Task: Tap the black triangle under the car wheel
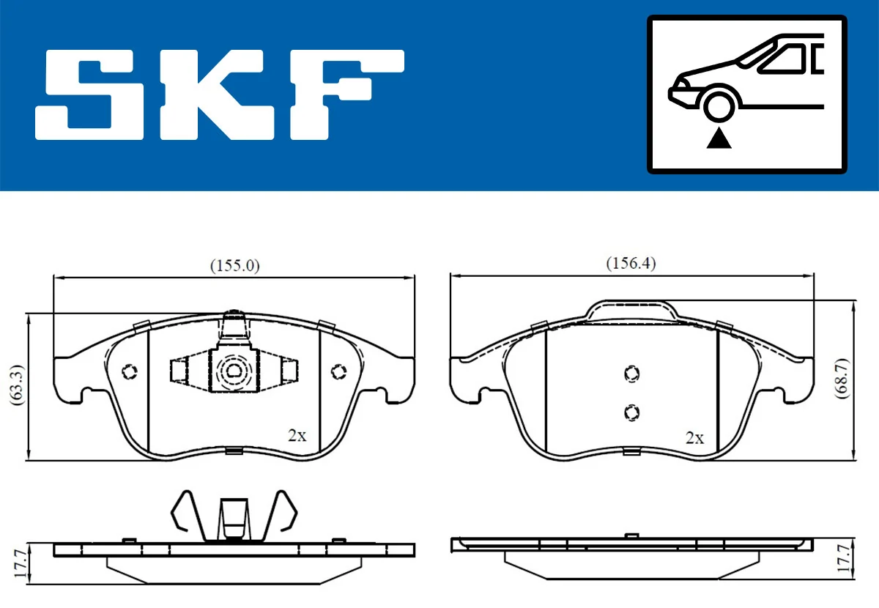719,138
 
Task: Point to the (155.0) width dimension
235,265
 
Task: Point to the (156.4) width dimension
631,264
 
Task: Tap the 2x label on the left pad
297,436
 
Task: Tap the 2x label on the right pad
694,438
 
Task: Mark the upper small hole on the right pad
630,374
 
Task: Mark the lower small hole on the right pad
630,413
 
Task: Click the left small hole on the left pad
130,371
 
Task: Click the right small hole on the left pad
338,372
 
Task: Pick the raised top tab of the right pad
631,309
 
